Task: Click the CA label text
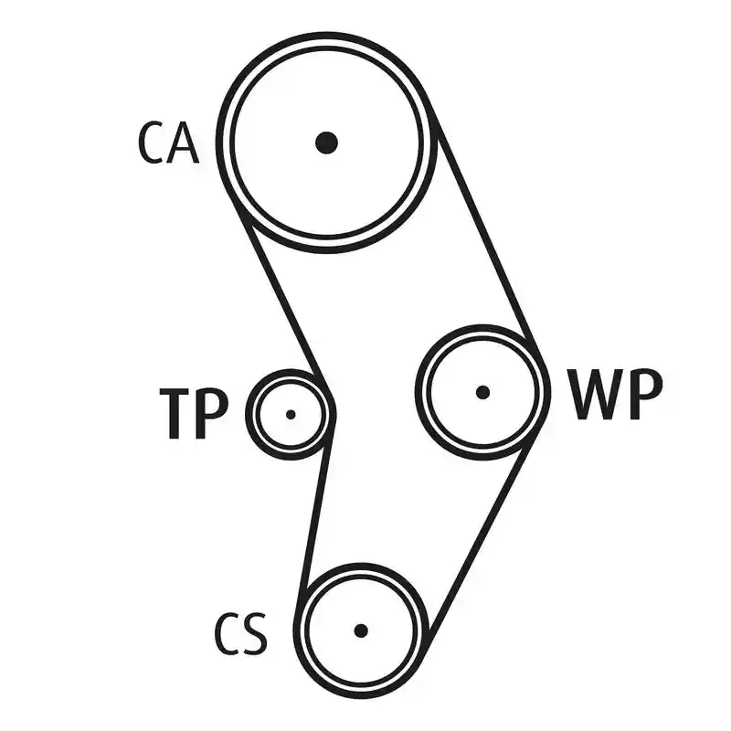click(x=169, y=143)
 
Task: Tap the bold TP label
click(x=194, y=414)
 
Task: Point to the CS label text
click(x=241, y=634)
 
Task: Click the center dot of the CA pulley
click(x=326, y=143)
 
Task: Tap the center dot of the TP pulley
click(x=291, y=415)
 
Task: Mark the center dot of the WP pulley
click(x=483, y=393)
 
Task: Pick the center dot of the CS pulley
click(x=361, y=630)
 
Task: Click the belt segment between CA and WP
click(x=487, y=237)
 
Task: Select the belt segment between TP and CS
click(x=315, y=514)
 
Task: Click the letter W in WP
click(x=596, y=394)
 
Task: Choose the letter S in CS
click(x=256, y=634)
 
